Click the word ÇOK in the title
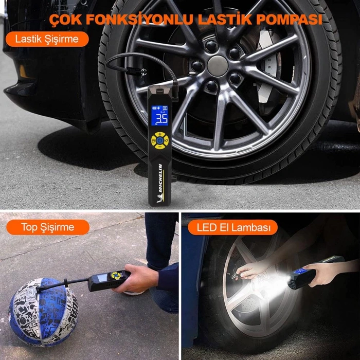(x=66, y=20)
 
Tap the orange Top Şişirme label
(x=48, y=227)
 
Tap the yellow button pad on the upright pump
(x=160, y=140)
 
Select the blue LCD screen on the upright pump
(x=161, y=116)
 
